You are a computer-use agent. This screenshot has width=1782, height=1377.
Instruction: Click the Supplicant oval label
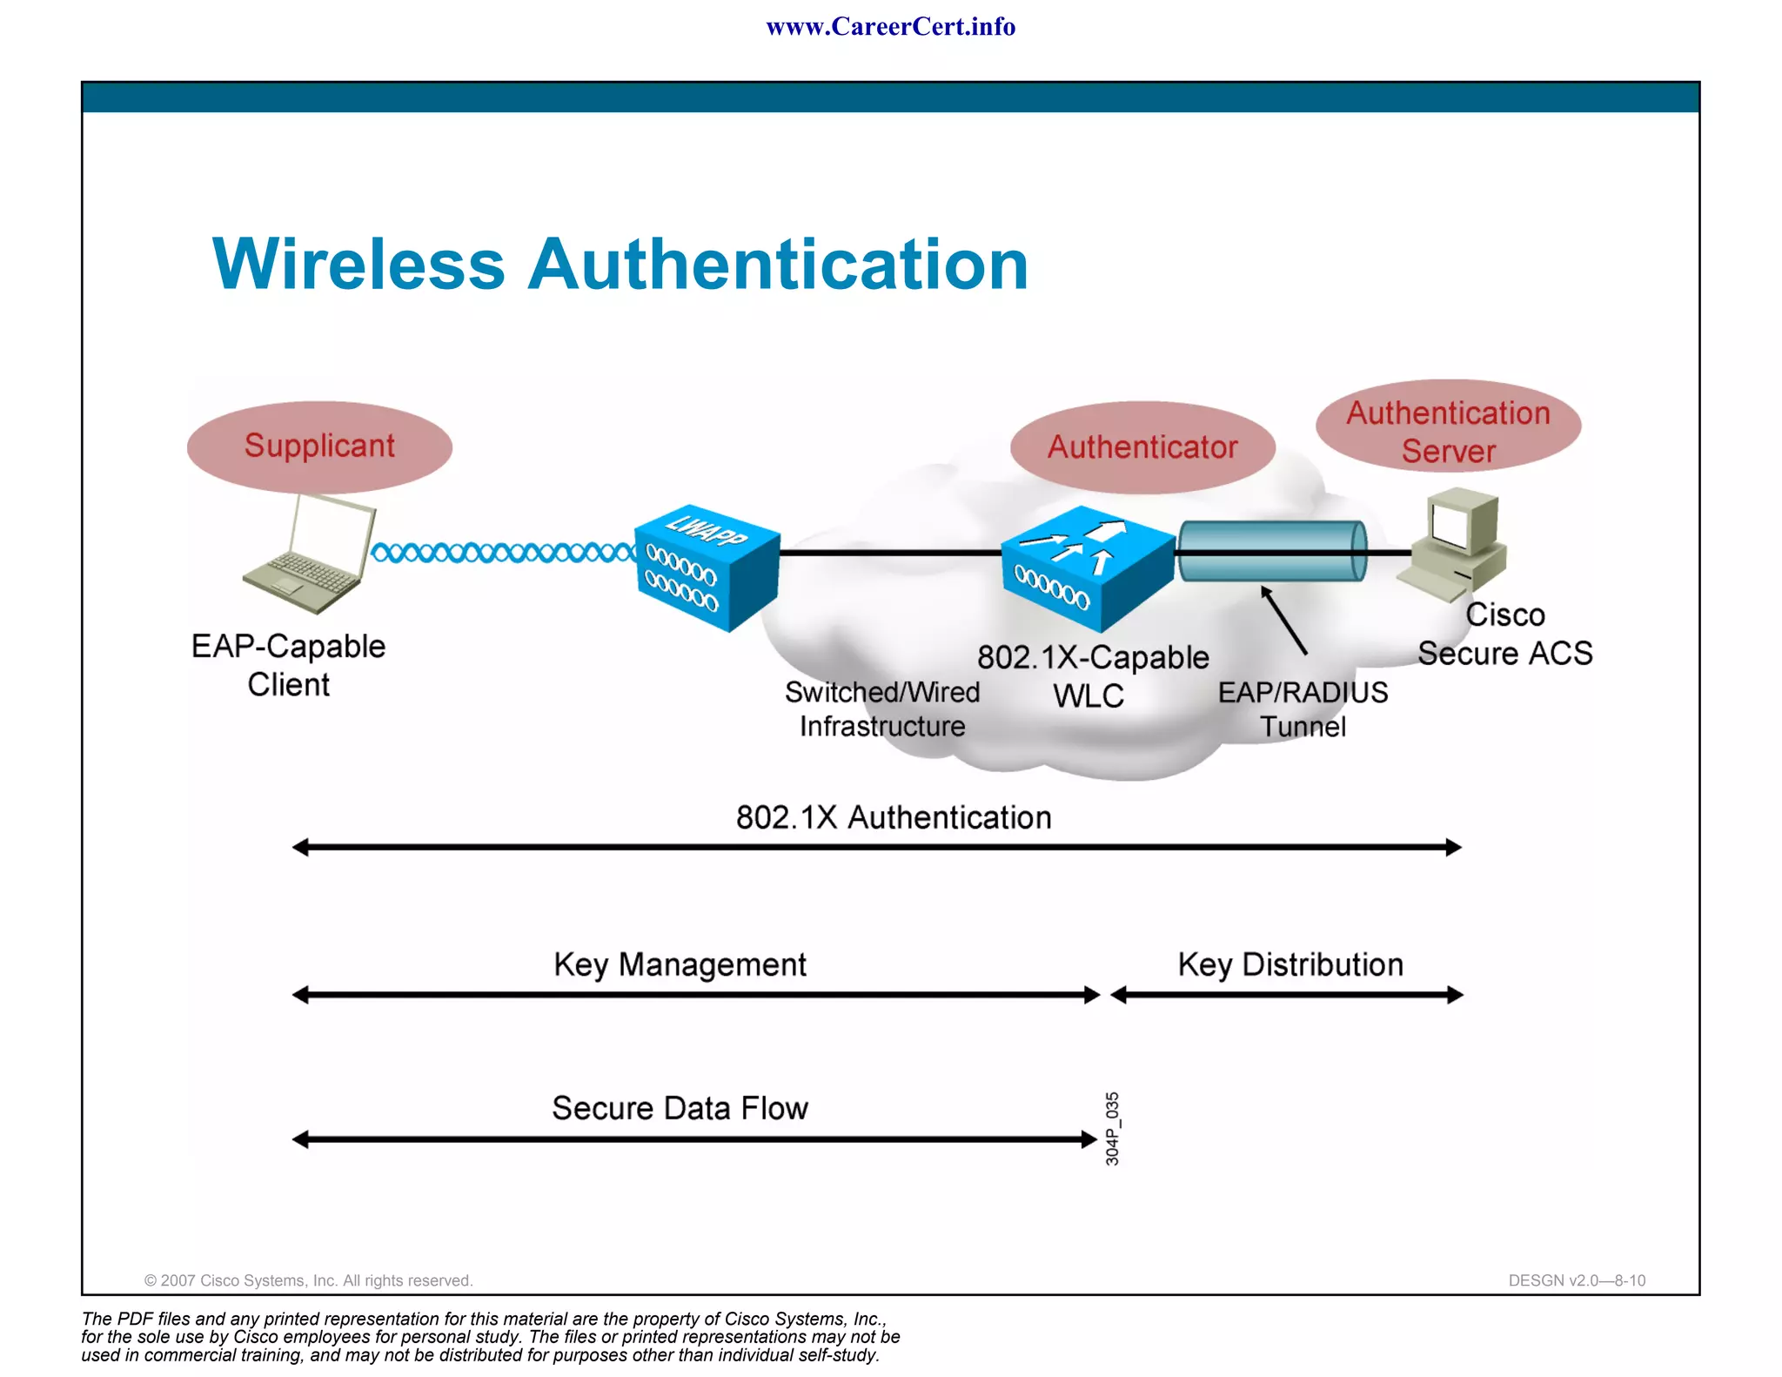click(319, 447)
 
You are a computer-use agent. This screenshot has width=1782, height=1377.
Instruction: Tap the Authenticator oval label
click(1142, 447)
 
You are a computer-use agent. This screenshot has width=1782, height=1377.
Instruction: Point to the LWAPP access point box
click(707, 567)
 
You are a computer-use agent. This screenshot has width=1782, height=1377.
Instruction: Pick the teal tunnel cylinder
click(1272, 551)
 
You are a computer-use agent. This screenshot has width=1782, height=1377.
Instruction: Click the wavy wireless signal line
click(503, 553)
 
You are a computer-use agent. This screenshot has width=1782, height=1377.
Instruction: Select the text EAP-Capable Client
click(288, 665)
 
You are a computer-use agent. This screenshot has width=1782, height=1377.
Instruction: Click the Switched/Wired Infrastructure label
click(882, 709)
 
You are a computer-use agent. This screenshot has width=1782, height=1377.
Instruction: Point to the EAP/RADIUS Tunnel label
click(1303, 709)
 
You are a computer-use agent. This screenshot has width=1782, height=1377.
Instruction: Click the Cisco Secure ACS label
click(1505, 634)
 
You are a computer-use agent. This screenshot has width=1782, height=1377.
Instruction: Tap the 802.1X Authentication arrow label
click(894, 818)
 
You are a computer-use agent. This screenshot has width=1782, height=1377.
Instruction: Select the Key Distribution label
click(1290, 964)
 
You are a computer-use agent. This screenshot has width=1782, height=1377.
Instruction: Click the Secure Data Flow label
click(680, 1108)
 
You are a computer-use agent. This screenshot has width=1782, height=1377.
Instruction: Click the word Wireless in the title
click(358, 264)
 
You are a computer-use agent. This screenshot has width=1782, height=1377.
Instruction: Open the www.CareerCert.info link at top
click(890, 27)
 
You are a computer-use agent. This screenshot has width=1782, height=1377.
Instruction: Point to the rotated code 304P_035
click(1112, 1129)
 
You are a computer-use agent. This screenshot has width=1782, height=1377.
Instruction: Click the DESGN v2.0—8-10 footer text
click(1577, 1280)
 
